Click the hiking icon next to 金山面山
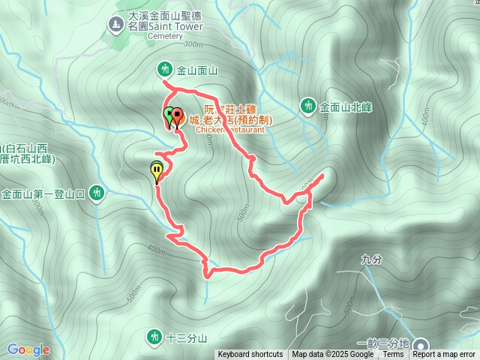click(164, 70)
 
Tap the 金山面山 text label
click(196, 70)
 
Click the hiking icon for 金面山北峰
click(308, 106)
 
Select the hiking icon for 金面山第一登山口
click(96, 193)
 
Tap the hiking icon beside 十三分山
click(154, 335)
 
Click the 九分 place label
click(371, 259)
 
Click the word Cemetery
click(144, 35)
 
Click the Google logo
click(28, 349)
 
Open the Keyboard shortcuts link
click(250, 355)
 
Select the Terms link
click(392, 355)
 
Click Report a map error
click(445, 355)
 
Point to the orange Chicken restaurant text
click(231, 129)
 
